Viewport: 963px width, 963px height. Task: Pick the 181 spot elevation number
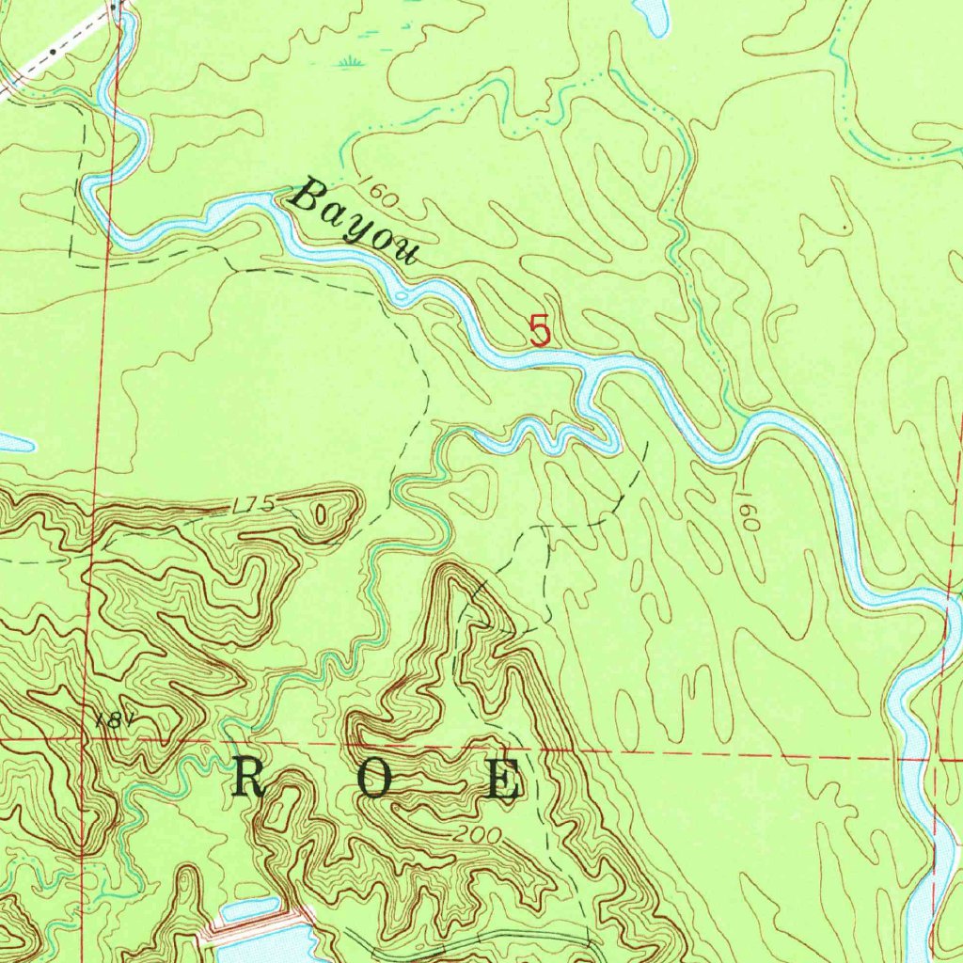click(110, 721)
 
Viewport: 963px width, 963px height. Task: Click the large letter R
click(250, 779)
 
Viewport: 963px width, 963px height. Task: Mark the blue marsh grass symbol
click(352, 62)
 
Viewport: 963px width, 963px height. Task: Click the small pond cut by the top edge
click(652, 13)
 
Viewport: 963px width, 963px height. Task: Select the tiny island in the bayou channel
click(403, 298)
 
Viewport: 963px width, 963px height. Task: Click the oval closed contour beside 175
click(323, 515)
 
